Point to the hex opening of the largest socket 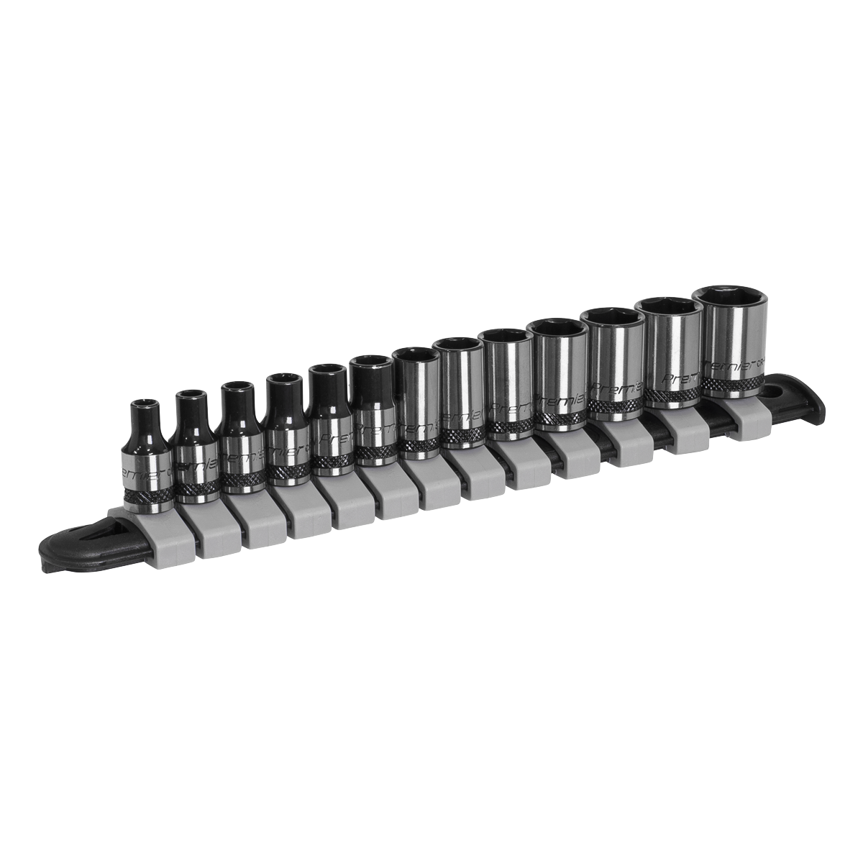tap(730, 296)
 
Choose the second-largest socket tap(672, 352)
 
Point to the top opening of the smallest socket tap(145, 402)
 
